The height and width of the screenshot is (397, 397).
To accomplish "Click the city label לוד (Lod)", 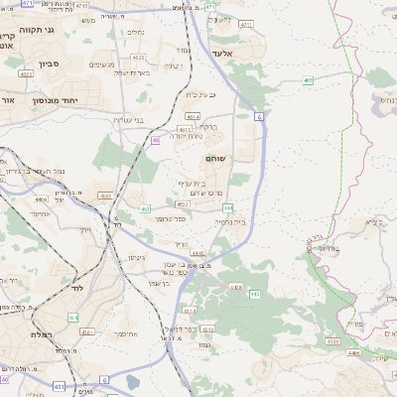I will point(76,288).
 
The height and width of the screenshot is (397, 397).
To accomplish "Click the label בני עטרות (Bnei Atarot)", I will point(126,120).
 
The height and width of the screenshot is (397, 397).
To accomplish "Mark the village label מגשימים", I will point(101,65).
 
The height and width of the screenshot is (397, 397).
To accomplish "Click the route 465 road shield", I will point(309,80).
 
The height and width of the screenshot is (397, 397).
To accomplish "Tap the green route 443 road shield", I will point(255,295).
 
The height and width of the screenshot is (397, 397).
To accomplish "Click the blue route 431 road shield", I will point(59,386).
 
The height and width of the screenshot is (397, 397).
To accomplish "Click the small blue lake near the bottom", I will point(133,381).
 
